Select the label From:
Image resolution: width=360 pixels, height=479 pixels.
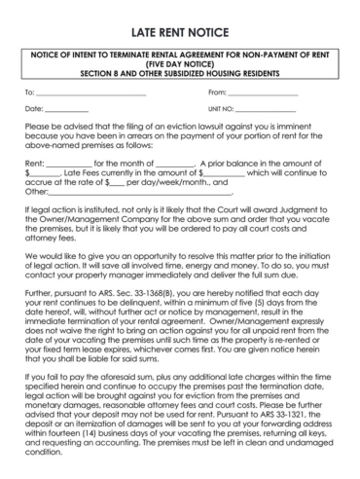point(218,92)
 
